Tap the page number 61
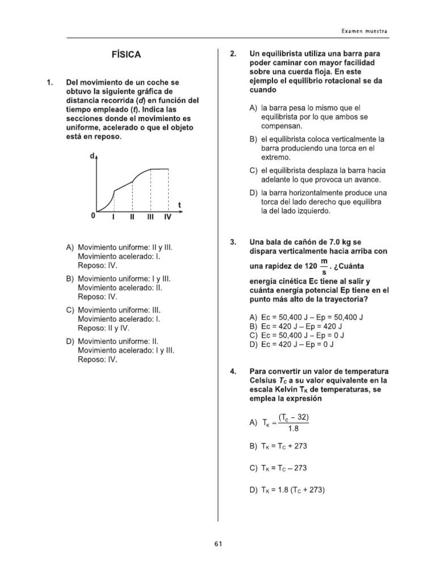[x=219, y=543]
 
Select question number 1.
[x=49, y=82]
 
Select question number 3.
[x=233, y=242]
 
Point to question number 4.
[x=233, y=372]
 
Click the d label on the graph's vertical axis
[x=93, y=156]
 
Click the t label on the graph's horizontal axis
[x=180, y=205]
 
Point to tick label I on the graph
[x=114, y=217]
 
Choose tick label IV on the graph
[x=168, y=217]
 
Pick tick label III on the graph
[x=150, y=217]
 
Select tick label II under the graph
[x=132, y=217]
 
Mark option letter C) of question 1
[x=70, y=310]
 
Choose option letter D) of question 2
[x=254, y=193]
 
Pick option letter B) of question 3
[x=254, y=326]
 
